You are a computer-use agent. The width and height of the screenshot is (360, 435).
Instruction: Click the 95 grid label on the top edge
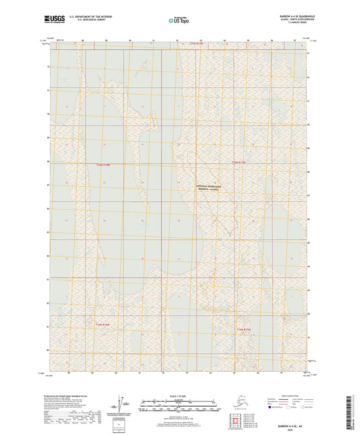[x=249, y=41]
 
